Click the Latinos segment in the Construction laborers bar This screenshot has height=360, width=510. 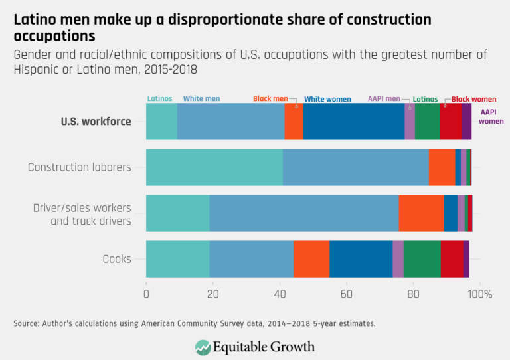214,167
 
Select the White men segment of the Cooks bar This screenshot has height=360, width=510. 252,258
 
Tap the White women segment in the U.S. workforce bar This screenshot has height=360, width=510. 353,122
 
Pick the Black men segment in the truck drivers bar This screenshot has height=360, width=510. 421,213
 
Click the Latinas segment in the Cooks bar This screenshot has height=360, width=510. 422,258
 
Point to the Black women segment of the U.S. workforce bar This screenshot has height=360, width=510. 450,122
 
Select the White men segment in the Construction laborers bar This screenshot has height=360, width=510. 355,167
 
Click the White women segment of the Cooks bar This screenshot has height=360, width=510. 361,258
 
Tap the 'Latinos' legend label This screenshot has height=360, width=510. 159,99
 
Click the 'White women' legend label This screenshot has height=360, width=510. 327,99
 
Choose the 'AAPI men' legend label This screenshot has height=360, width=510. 384,99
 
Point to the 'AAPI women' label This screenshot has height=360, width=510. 491,117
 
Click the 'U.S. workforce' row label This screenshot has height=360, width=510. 96,122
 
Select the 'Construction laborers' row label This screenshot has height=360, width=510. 80,167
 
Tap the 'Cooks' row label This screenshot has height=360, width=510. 117,258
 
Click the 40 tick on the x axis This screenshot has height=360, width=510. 280,294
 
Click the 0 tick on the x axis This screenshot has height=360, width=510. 146,294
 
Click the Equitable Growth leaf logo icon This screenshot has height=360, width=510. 203,347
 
